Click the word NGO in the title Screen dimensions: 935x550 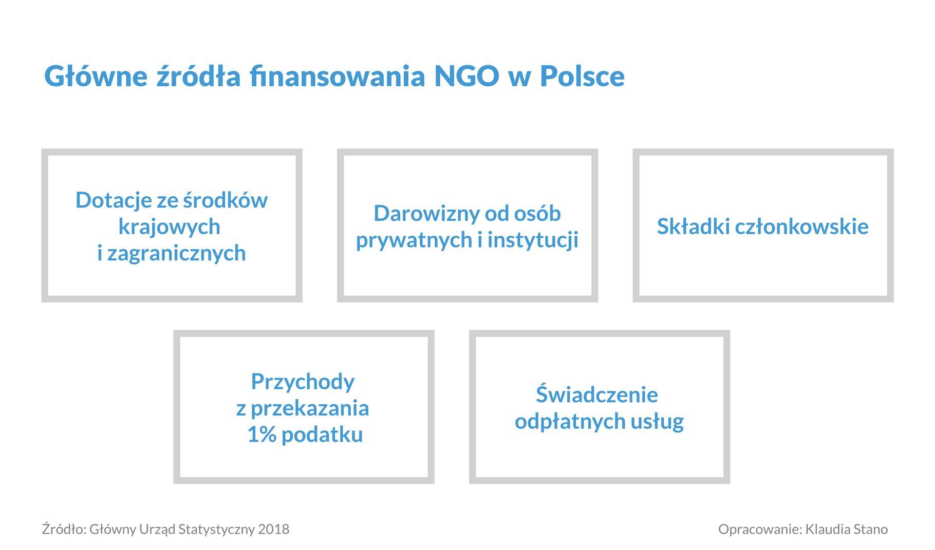click(x=466, y=76)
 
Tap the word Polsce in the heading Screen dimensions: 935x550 click(x=582, y=76)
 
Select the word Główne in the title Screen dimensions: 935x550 click(x=96, y=76)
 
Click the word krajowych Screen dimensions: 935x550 click(x=170, y=226)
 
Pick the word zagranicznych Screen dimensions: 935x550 click(x=177, y=253)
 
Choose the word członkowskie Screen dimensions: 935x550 click(x=802, y=226)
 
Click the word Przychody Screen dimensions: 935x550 click(x=303, y=382)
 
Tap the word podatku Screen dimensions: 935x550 click(x=322, y=434)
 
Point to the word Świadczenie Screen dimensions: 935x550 click(x=597, y=394)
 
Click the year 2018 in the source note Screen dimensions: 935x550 click(x=274, y=529)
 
